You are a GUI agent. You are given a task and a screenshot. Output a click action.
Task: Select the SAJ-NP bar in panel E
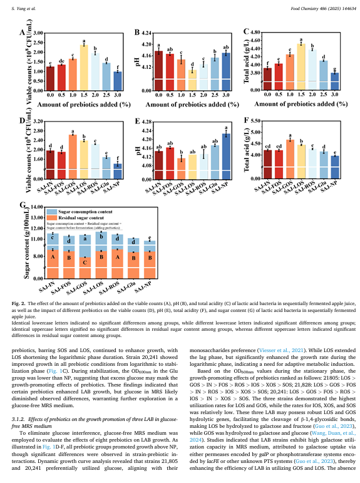[226, 156]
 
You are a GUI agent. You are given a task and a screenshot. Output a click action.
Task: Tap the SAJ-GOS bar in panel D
[73, 157]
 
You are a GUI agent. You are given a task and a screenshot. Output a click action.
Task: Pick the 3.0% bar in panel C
[335, 81]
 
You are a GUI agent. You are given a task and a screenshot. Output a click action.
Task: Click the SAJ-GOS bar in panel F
[290, 159]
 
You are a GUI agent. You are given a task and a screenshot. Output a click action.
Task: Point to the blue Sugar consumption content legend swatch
[52, 212]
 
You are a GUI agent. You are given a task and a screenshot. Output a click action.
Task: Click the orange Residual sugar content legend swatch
[52, 218]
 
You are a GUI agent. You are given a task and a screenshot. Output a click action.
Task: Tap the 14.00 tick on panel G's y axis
[38, 207]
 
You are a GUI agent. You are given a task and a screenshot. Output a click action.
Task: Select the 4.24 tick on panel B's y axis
[147, 33]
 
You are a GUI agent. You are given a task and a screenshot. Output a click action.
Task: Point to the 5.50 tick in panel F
[255, 120]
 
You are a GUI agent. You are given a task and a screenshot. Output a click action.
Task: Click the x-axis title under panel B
[192, 105]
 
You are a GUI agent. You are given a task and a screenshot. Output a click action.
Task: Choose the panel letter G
[23, 204]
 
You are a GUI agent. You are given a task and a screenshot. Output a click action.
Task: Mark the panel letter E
[138, 121]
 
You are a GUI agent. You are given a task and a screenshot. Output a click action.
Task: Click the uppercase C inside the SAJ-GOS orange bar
[85, 262]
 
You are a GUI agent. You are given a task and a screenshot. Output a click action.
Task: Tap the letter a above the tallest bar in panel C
[301, 39]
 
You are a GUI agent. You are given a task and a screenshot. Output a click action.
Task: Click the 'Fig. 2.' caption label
[19, 303]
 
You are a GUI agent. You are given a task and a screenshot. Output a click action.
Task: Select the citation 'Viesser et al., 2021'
[281, 350]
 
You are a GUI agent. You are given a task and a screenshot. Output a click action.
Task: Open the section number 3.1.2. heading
[19, 419]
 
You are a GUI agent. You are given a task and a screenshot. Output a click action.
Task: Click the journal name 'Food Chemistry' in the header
[304, 9]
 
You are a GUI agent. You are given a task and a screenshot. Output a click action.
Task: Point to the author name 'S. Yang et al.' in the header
[23, 9]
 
